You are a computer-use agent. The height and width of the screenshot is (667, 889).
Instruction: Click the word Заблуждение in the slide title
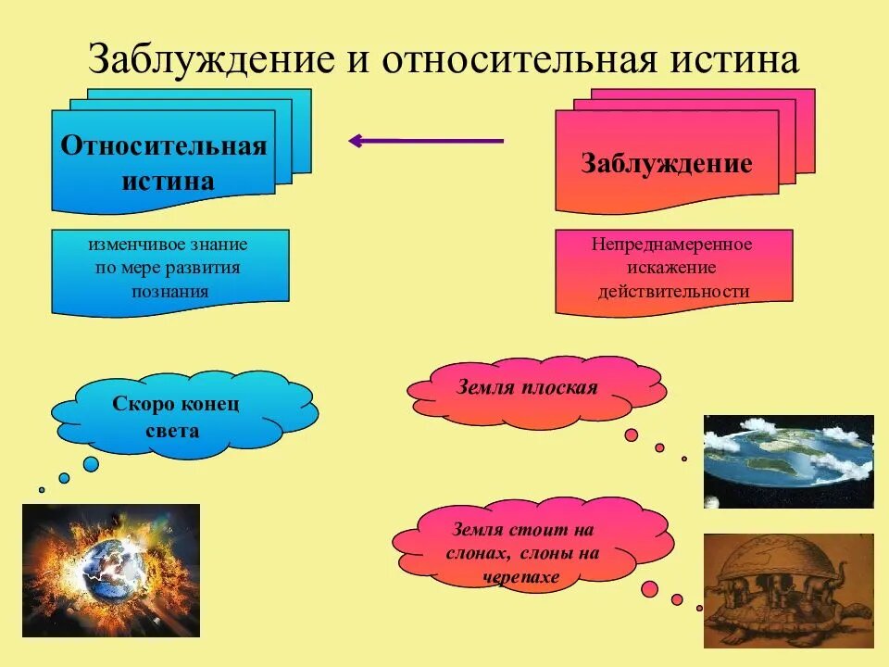(x=211, y=58)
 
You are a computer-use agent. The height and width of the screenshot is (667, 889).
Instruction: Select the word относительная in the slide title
(x=520, y=58)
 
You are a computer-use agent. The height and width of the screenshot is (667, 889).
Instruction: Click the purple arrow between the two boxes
(x=426, y=141)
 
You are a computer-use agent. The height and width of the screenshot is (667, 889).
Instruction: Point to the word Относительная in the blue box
(x=164, y=145)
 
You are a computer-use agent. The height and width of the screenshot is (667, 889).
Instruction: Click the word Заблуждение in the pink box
(x=667, y=163)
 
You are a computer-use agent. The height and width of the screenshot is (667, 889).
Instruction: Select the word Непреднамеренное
(x=672, y=245)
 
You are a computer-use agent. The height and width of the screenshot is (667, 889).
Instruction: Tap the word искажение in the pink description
(x=672, y=268)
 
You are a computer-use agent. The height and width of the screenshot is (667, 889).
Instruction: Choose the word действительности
(x=673, y=292)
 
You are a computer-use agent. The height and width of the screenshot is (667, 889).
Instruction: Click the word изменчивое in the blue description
(x=128, y=245)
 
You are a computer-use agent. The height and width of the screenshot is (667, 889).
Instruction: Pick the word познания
(x=170, y=292)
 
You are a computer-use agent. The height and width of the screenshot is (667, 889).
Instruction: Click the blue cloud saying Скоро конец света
(x=185, y=415)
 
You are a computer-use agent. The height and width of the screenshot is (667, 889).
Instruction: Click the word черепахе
(x=521, y=577)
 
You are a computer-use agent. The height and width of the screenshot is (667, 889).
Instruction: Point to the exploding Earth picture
(x=111, y=570)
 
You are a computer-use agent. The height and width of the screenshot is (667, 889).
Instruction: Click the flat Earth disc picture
(x=789, y=461)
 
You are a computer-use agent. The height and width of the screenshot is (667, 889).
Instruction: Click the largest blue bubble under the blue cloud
(x=91, y=464)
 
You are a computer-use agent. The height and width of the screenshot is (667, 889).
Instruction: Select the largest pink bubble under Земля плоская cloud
(x=631, y=435)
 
